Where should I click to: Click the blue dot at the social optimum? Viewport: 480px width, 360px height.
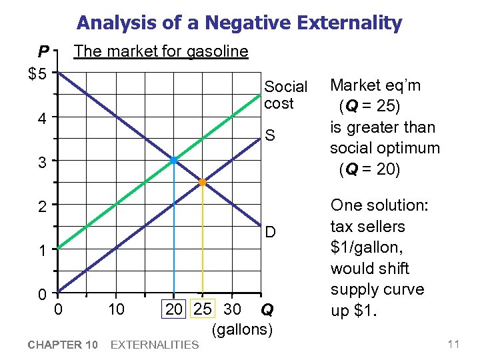173,161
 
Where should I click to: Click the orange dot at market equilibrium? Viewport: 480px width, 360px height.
203,182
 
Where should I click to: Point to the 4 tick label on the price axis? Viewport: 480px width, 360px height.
41,119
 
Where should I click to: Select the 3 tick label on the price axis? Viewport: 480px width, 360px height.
41,163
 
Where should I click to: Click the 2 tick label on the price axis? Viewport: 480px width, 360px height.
41,207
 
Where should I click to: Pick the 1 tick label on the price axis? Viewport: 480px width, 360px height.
41,252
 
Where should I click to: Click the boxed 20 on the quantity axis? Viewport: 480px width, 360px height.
174,309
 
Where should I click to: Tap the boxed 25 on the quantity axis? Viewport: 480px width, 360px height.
203,309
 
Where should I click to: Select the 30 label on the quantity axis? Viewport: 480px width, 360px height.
232,309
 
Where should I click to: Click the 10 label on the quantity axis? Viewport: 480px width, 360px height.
116,309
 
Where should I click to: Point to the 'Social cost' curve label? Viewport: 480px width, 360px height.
285,95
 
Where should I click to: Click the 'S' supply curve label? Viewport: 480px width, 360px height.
270,136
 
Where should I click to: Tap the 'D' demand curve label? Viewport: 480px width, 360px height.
271,232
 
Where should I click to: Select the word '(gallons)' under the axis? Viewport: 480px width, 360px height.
242,329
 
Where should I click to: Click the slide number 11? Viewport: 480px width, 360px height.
454,344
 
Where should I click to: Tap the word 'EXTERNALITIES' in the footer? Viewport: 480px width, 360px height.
154,344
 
